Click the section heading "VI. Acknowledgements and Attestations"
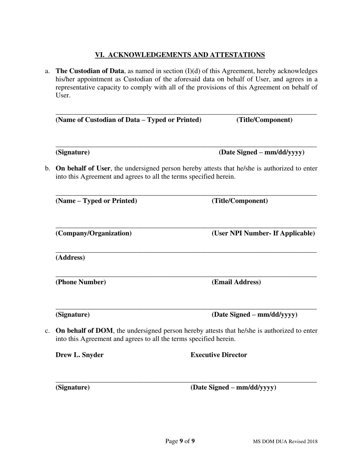(180, 55)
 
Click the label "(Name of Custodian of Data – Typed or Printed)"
(128, 120)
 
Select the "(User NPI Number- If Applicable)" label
(263, 233)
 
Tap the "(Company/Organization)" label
(94, 233)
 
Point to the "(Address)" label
(70, 258)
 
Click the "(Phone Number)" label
(81, 282)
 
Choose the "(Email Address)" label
(236, 282)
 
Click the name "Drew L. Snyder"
(80, 355)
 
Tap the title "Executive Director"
(219, 355)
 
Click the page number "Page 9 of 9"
(180, 441)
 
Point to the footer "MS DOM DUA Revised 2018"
(285, 441)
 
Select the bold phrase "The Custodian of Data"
(90, 71)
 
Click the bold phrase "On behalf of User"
(83, 169)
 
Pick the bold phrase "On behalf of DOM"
(84, 331)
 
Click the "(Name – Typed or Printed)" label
(96, 201)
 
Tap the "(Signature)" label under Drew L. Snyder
(73, 388)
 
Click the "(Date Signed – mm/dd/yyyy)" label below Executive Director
(233, 388)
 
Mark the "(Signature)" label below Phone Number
(73, 315)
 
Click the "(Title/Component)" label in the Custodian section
(265, 120)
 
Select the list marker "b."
(47, 169)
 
